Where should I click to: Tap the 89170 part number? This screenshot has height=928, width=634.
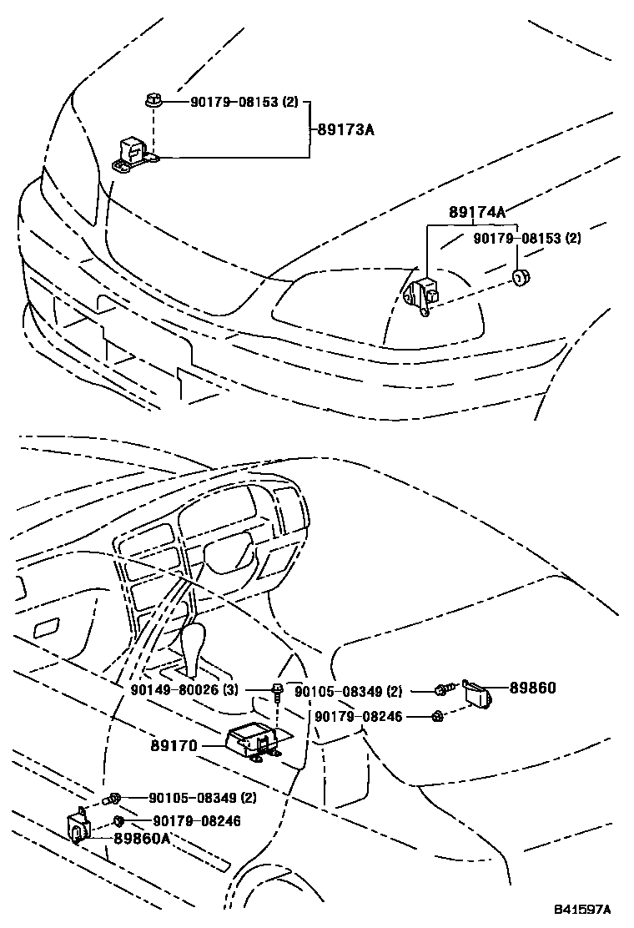(x=174, y=745)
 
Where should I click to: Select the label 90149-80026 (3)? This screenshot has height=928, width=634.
(x=184, y=690)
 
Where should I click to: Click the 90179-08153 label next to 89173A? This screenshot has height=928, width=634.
(x=244, y=102)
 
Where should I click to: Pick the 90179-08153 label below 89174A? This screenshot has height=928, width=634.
(x=526, y=238)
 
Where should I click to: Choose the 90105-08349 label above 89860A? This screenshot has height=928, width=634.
(x=203, y=798)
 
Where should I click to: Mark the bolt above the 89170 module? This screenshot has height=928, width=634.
(x=276, y=690)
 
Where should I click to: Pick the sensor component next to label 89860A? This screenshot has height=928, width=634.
(x=78, y=825)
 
